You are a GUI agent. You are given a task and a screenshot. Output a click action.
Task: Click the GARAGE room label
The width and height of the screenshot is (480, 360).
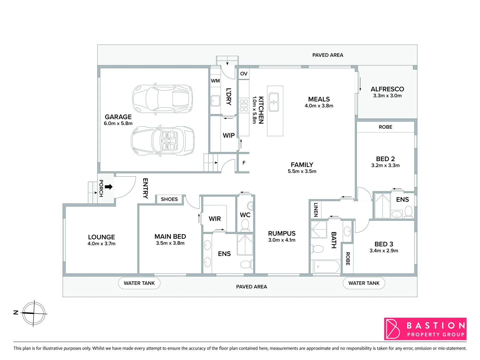click(x=118, y=117)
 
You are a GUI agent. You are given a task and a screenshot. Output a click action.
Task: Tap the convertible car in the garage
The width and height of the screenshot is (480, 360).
click(x=163, y=141)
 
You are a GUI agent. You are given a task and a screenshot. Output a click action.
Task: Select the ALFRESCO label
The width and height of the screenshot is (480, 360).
click(x=387, y=89)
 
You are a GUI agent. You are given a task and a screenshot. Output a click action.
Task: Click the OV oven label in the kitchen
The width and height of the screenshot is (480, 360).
click(x=244, y=74)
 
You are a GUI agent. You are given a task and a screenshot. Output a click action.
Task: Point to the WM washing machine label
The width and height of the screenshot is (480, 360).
click(x=215, y=81)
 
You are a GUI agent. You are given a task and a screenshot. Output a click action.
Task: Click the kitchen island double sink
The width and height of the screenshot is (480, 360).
click(x=274, y=102)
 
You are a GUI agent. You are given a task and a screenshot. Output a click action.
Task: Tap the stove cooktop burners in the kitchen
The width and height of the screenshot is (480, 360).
click(x=244, y=105)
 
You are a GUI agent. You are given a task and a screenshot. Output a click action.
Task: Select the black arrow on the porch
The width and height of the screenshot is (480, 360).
click(x=109, y=187)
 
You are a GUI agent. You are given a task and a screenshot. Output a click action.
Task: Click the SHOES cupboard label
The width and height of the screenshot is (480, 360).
click(x=169, y=199)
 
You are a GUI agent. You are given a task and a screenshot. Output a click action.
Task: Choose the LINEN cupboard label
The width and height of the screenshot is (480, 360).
click(x=316, y=210)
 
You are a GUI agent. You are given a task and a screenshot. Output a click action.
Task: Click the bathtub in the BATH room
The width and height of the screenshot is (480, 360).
click(x=326, y=267)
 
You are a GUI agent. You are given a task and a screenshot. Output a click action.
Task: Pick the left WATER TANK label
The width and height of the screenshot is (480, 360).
click(x=139, y=283)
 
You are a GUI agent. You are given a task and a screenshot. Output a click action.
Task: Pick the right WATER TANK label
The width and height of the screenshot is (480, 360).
click(x=364, y=283)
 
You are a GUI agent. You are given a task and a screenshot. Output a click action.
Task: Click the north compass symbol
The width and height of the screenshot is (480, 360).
click(x=33, y=313)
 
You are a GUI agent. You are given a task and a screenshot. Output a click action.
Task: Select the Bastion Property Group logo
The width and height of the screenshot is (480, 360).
click(x=425, y=329)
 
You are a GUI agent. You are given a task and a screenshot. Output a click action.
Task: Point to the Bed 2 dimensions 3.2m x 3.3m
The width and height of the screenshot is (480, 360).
click(x=385, y=165)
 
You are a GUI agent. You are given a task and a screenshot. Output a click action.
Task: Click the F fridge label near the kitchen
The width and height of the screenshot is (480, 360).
click(x=244, y=163)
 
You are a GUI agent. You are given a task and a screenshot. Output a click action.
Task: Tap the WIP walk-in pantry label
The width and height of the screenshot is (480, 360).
click(x=229, y=135)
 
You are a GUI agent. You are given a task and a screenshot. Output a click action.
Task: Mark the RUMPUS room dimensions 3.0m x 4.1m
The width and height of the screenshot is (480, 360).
click(x=282, y=240)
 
